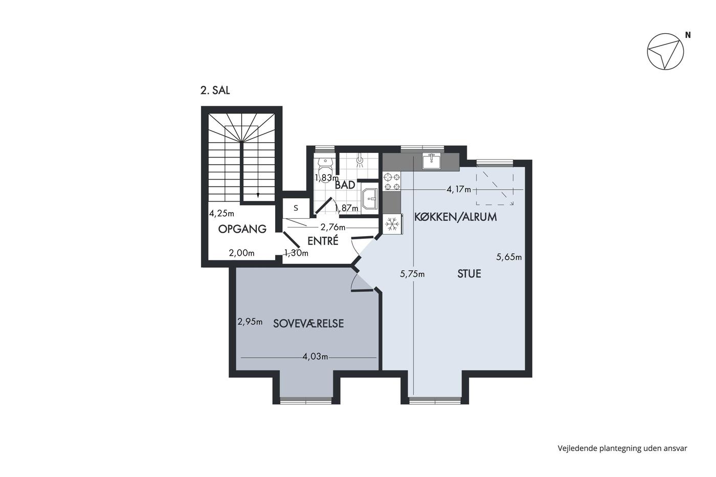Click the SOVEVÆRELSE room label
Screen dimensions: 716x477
click(308, 324)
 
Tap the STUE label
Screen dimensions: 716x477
click(469, 274)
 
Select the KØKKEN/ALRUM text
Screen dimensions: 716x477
click(456, 217)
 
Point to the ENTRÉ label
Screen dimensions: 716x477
click(323, 241)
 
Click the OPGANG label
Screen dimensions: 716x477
click(242, 229)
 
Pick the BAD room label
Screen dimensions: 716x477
click(345, 185)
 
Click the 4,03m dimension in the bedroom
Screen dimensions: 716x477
click(315, 356)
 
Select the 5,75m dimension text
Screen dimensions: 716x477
click(412, 274)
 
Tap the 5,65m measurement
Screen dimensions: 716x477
click(509, 257)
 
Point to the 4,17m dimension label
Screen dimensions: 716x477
click(459, 190)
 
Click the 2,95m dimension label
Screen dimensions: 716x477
click(250, 322)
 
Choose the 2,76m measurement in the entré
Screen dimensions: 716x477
click(333, 227)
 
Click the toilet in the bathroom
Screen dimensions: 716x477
click(326, 166)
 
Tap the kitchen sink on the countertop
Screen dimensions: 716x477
click(432, 161)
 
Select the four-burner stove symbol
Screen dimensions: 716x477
click(392, 181)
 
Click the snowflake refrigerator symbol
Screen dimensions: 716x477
click(392, 224)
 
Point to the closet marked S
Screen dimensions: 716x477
click(296, 208)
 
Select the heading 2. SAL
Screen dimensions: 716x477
click(215, 90)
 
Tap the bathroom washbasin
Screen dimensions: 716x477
click(370, 199)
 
